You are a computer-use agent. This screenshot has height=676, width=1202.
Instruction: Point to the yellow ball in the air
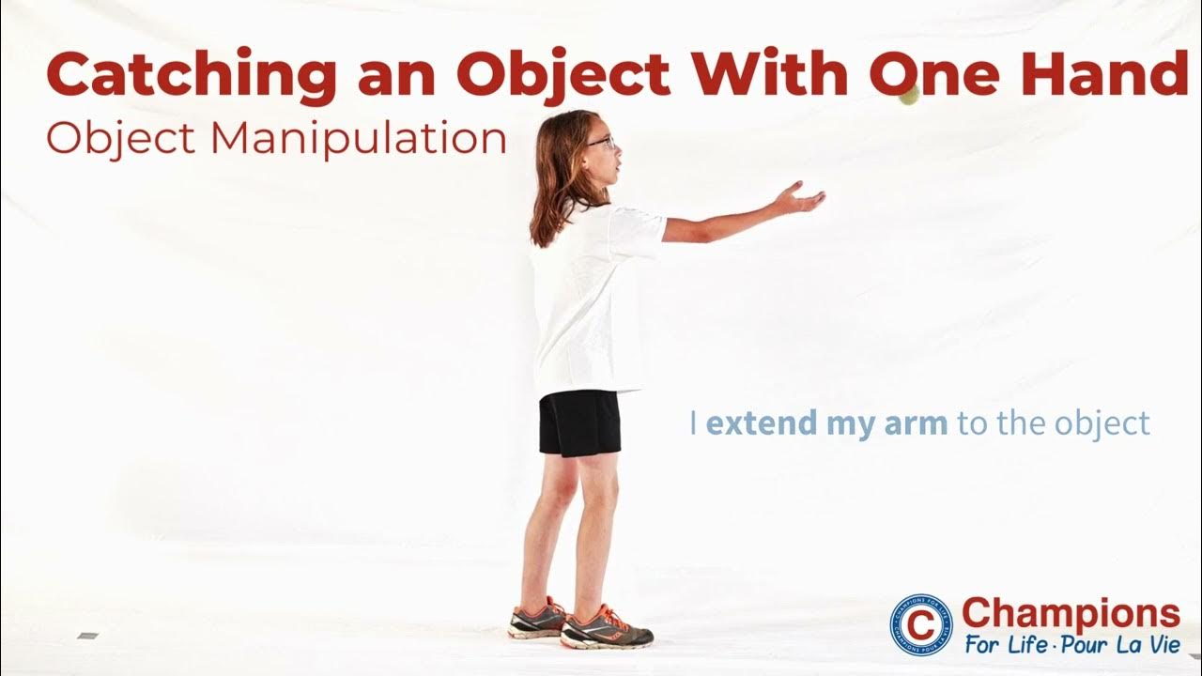tap(908, 96)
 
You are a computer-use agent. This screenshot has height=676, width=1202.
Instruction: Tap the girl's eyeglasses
tap(602, 143)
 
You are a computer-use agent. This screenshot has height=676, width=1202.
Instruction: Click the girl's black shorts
tap(578, 422)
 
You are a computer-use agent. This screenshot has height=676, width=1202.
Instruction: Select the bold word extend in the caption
tap(762, 423)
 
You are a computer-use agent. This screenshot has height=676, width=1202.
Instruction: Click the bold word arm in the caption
tap(917, 423)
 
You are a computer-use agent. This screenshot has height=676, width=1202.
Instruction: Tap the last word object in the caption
tap(1102, 423)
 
